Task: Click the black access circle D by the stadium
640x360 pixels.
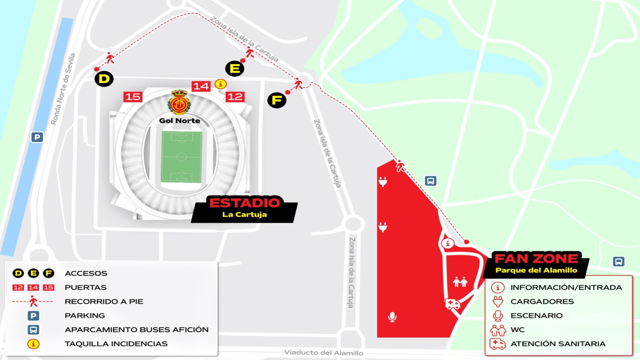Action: (x=104, y=79)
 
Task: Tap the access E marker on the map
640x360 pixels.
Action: (x=235, y=69)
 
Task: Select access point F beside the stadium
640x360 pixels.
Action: (x=277, y=100)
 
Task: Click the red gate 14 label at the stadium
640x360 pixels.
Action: (x=201, y=86)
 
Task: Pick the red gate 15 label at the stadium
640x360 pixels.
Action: (x=133, y=97)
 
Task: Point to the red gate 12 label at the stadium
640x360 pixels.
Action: (x=235, y=97)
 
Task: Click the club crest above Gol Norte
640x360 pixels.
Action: (x=179, y=102)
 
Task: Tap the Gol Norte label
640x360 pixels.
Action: (x=180, y=121)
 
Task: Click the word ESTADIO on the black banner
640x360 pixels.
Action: (x=245, y=203)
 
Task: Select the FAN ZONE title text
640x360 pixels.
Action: (x=536, y=259)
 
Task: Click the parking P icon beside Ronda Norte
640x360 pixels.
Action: (x=37, y=137)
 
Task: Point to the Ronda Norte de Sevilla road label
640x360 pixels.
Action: (x=63, y=89)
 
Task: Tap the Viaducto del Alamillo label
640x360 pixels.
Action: (x=323, y=353)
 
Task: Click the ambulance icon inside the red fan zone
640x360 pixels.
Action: (x=452, y=304)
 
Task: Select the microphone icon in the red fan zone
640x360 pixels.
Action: (x=392, y=317)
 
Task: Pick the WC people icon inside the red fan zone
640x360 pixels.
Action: (x=460, y=282)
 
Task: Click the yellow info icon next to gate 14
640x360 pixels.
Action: (x=220, y=84)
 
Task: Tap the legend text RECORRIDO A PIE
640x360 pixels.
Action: (x=104, y=302)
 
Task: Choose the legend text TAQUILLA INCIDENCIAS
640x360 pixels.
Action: (x=116, y=344)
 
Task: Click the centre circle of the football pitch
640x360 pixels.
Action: (x=181, y=157)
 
